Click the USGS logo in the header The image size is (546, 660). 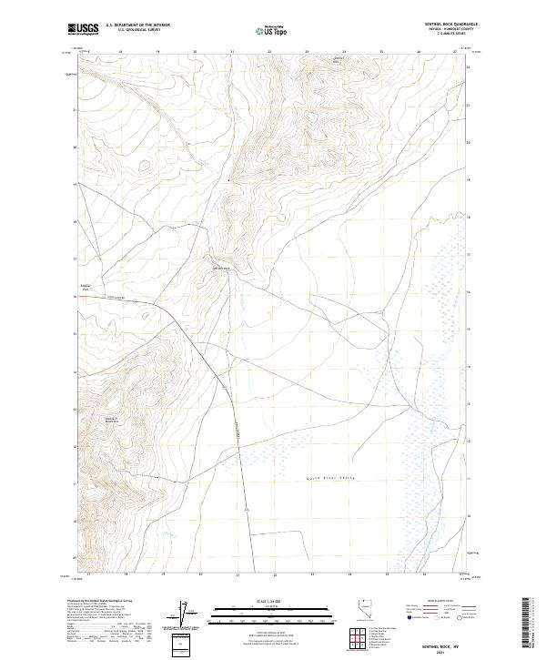85,29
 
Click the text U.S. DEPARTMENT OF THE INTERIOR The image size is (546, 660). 137,25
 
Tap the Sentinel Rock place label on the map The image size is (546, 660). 223,268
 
